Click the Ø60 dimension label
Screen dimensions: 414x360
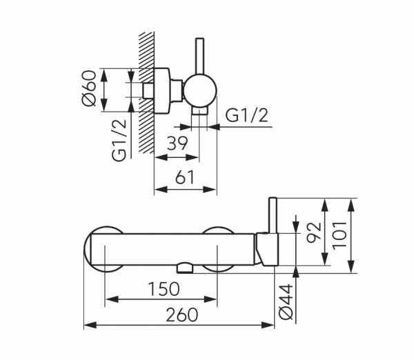89,88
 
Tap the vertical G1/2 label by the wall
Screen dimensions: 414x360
119,141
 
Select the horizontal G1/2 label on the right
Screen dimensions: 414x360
247,115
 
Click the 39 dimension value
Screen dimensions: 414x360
177,143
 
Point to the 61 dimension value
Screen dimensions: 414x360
185,177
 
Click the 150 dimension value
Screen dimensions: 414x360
164,289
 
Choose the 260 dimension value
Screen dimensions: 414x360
182,315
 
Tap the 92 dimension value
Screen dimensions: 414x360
314,231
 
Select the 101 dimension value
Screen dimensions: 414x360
339,235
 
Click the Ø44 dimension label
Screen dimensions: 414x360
286,301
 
